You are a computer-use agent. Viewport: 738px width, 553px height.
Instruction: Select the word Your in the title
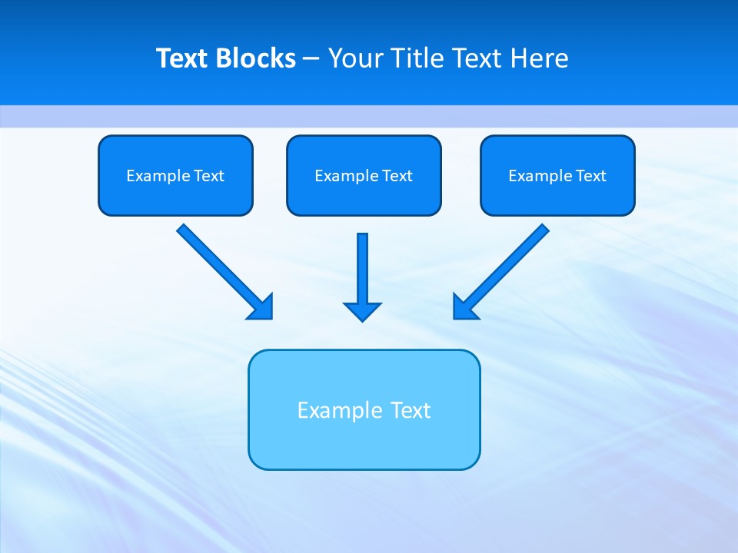[356, 58]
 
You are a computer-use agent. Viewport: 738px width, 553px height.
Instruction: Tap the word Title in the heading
[418, 58]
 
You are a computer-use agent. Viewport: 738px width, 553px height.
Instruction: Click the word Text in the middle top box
[397, 176]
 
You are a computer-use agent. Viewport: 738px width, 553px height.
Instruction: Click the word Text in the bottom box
[411, 410]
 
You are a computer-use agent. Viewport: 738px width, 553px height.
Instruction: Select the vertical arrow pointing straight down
[362, 269]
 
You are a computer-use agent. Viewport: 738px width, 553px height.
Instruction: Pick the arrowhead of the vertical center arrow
[362, 311]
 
